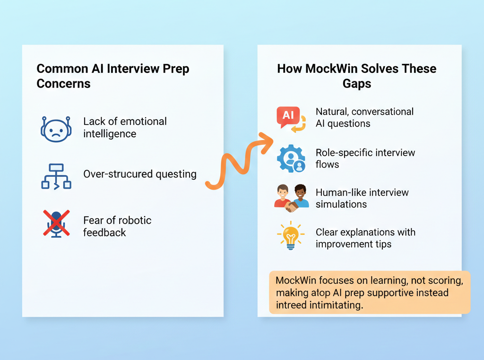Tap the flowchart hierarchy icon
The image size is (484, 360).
click(x=56, y=176)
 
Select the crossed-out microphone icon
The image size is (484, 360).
click(x=56, y=224)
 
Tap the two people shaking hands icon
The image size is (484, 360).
click(x=291, y=198)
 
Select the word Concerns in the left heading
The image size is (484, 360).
click(x=63, y=84)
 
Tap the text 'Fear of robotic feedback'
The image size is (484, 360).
click(x=117, y=226)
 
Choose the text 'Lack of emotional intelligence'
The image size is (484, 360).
click(x=125, y=127)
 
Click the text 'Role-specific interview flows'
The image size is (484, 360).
click(x=365, y=158)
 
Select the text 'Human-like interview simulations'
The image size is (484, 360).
click(x=362, y=198)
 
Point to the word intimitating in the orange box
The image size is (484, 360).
click(x=334, y=305)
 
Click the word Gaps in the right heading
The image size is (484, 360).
click(x=357, y=84)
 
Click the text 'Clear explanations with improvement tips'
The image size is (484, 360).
click(x=365, y=238)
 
